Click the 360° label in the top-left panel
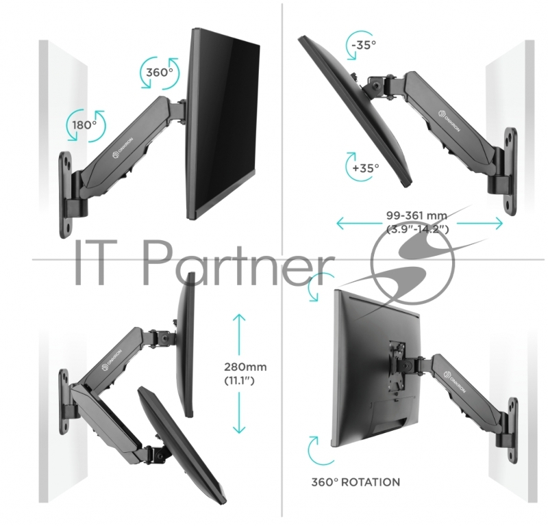[x=160, y=73]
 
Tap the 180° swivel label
[x=84, y=125]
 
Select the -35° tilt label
[x=364, y=45]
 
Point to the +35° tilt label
[x=366, y=168]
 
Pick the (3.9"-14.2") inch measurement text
[x=417, y=229]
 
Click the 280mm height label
[x=245, y=367]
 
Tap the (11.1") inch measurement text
[x=239, y=380]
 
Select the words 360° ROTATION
[x=356, y=482]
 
